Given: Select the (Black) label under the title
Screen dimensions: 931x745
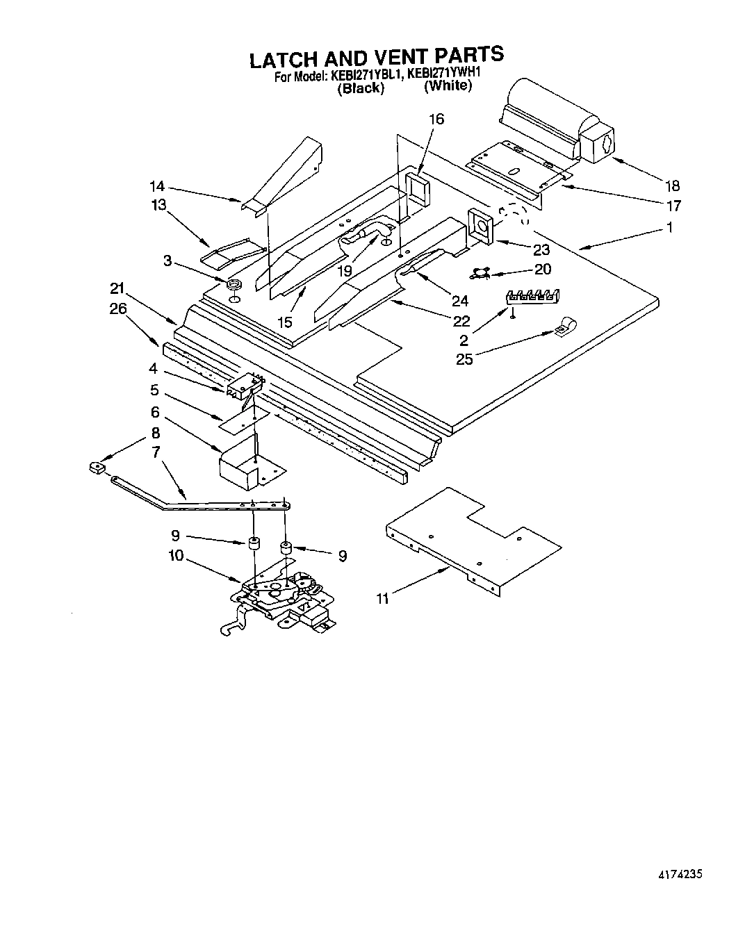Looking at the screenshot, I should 360,88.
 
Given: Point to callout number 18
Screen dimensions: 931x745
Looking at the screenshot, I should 671,186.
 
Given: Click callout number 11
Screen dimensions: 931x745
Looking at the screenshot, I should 382,598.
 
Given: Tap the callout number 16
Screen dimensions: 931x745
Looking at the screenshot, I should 436,119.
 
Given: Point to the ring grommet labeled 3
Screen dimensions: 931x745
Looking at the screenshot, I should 234,283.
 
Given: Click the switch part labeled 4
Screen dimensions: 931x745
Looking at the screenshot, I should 243,386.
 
